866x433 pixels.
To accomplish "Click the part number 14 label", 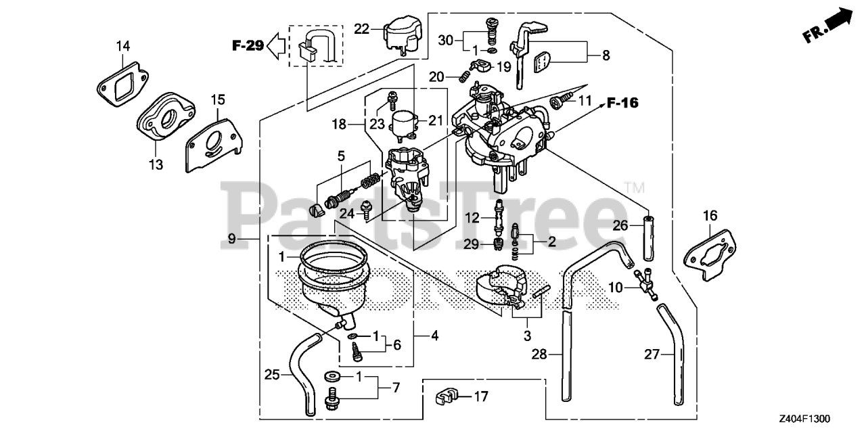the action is click(x=122, y=46).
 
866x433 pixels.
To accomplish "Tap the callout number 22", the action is click(x=361, y=29).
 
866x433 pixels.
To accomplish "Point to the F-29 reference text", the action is click(x=247, y=46).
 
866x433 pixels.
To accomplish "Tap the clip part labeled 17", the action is click(x=445, y=396).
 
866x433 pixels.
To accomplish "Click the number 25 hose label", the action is click(x=271, y=373).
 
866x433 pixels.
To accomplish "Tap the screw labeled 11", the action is click(x=560, y=102).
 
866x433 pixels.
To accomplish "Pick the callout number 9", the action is click(x=231, y=238).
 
